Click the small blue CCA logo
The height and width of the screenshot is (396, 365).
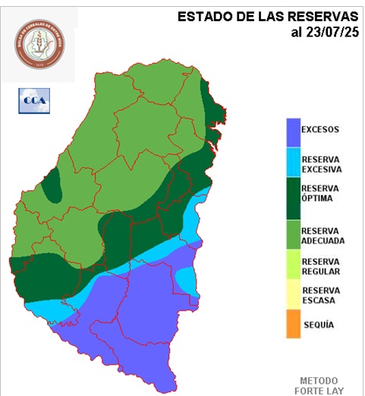[32, 100]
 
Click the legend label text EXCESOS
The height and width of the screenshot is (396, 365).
[319, 129]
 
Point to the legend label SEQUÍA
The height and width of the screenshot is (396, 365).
[319, 324]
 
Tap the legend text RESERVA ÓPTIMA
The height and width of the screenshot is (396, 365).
[320, 193]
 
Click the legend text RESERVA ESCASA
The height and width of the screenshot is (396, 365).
[320, 295]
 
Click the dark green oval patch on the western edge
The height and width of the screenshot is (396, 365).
[52, 187]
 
